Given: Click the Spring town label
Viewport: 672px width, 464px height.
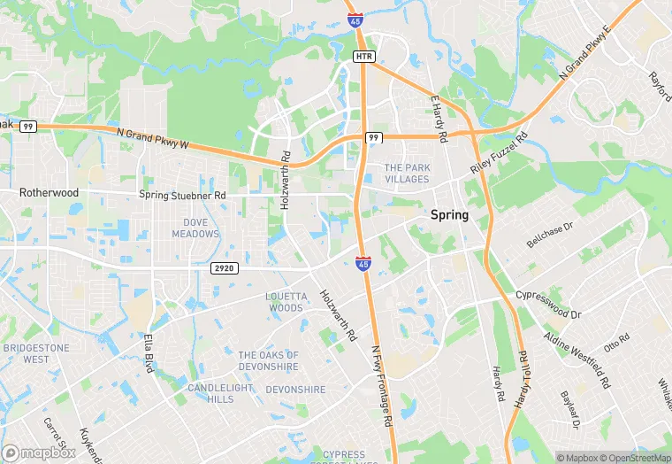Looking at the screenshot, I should click(449, 215).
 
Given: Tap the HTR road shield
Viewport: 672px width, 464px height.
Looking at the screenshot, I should click(363, 57).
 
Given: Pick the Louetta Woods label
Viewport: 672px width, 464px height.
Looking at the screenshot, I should click(297, 302).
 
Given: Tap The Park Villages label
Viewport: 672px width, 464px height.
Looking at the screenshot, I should click(406, 173).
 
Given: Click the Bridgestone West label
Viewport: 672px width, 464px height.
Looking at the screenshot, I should click(35, 354).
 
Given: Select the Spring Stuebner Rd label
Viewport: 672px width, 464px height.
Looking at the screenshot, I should click(183, 195).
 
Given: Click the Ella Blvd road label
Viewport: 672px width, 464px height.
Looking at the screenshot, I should click(149, 352).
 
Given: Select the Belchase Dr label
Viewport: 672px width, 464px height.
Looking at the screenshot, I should click(550, 233).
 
